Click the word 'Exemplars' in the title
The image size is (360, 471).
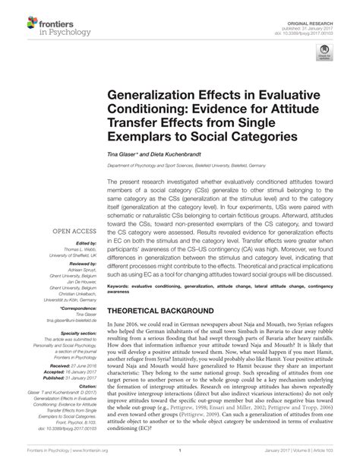tap(139, 138)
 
